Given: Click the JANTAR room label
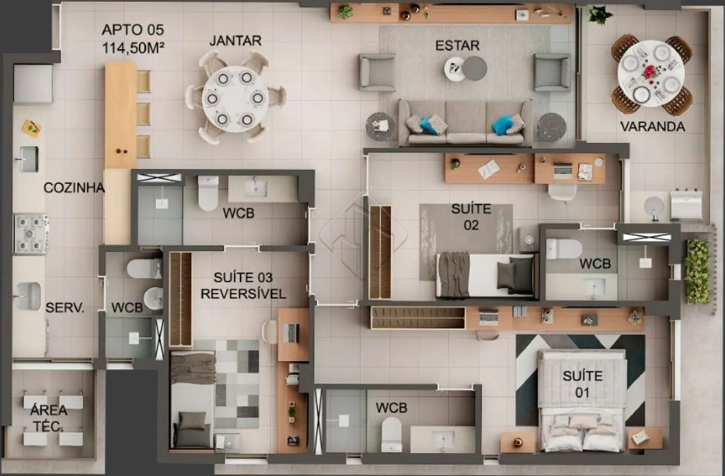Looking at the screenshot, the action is point(235,41).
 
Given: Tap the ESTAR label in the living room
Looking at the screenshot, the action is point(457,46).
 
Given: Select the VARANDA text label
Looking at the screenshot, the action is point(653,126).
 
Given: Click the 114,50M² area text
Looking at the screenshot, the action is point(133,48).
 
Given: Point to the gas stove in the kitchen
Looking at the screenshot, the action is point(31,234).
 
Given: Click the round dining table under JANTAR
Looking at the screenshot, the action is point(235,99).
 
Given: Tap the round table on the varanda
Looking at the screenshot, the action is point(651,73).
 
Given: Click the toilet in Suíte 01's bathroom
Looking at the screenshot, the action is point(392,434).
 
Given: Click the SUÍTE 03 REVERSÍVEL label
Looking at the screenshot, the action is point(243,285).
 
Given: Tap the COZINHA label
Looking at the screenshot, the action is point(74,188).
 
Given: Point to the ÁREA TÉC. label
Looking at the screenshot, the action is point(49,419).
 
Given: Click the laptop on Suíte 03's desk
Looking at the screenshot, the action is point(291,333).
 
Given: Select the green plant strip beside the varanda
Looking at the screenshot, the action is point(698,272).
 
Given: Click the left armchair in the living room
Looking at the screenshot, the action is point(377,73).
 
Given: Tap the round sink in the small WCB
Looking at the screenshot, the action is point(154,298).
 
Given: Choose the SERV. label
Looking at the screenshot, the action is point(65,308).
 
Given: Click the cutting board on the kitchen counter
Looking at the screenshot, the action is point(32,128).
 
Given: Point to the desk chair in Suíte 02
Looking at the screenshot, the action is point(562,192).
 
